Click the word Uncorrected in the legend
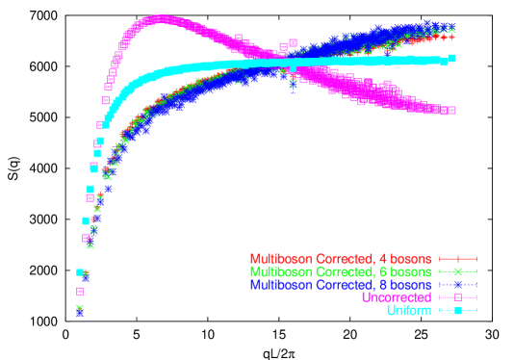(x=396, y=297)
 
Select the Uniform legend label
(x=409, y=310)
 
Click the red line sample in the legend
(x=458, y=259)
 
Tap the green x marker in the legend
(x=458, y=272)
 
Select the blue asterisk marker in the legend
(x=458, y=285)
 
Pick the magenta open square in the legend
(x=458, y=297)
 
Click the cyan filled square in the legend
(x=458, y=310)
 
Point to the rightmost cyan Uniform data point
(x=450, y=59)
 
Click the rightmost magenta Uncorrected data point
(x=450, y=111)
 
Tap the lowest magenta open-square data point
(x=80, y=291)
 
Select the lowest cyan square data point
(x=81, y=273)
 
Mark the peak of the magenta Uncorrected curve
(x=159, y=18)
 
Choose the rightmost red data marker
(x=451, y=38)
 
